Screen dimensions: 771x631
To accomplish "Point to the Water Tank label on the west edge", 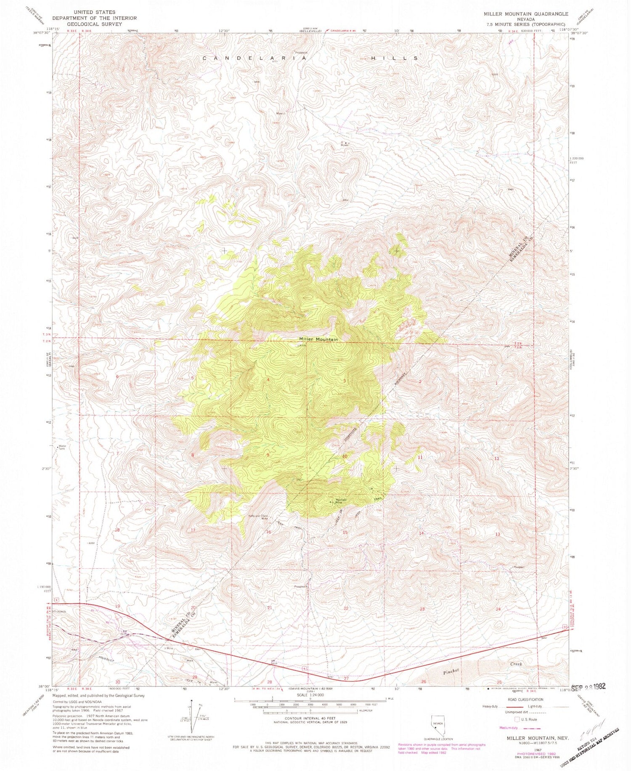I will (62, 448).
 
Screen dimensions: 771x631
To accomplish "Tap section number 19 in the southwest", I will (117, 606).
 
